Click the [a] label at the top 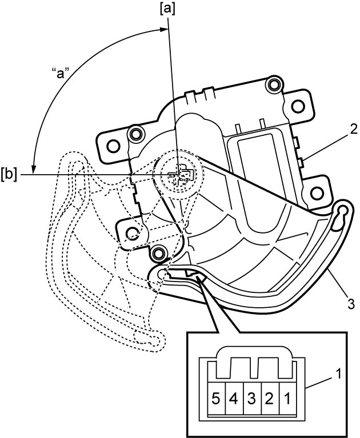pyautogui.click(x=167, y=9)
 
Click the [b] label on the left pyautogui.click(x=9, y=175)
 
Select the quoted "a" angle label pyautogui.click(x=61, y=74)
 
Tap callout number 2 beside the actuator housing pyautogui.click(x=353, y=129)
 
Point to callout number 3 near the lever pyautogui.click(x=351, y=304)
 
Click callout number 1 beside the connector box pyautogui.click(x=338, y=374)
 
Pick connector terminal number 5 pyautogui.click(x=215, y=399)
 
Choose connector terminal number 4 pyautogui.click(x=234, y=399)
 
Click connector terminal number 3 pyautogui.click(x=251, y=399)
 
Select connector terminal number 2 pyautogui.click(x=269, y=399)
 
